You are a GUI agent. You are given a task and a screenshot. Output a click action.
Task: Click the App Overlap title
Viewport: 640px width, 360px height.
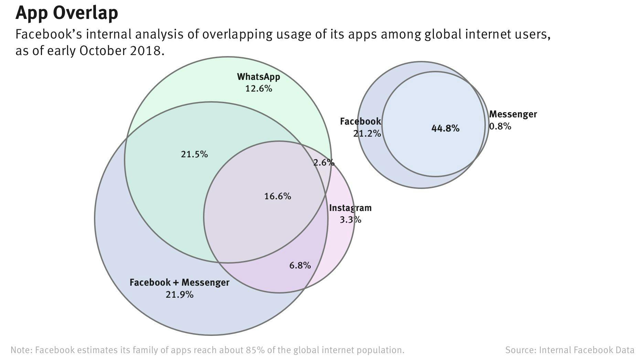point(67,13)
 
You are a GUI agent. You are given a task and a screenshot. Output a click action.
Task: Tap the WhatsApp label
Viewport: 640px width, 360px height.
point(258,77)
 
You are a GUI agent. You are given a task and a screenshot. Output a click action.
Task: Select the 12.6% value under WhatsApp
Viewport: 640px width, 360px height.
point(258,89)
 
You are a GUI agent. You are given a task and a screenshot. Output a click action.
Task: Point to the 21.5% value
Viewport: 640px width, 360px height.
point(194,154)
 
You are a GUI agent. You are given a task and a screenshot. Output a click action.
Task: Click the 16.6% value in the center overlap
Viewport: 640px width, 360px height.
point(277,196)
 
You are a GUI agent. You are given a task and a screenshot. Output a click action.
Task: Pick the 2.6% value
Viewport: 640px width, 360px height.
point(323,162)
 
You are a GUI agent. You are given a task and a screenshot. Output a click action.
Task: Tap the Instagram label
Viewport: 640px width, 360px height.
point(350,208)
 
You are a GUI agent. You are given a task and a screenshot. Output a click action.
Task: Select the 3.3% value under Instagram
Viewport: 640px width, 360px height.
point(350,220)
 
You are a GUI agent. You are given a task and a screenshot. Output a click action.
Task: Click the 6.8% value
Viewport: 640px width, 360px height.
point(300,265)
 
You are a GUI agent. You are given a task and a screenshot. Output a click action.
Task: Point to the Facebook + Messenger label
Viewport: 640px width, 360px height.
point(179,283)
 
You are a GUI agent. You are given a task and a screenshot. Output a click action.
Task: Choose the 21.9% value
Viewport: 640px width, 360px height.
point(179,295)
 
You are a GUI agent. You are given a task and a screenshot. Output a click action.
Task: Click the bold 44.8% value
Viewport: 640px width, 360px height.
point(445,128)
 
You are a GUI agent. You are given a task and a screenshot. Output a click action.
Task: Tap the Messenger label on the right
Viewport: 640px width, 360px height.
point(513,114)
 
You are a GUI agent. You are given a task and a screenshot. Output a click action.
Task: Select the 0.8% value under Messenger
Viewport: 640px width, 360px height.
point(500,126)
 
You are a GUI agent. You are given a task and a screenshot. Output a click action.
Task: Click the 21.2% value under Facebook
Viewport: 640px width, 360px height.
point(367,134)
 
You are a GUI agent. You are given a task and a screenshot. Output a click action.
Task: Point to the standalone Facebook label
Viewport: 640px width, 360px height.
point(360,121)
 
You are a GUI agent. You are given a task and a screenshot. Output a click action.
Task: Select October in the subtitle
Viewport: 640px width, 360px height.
point(103,51)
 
